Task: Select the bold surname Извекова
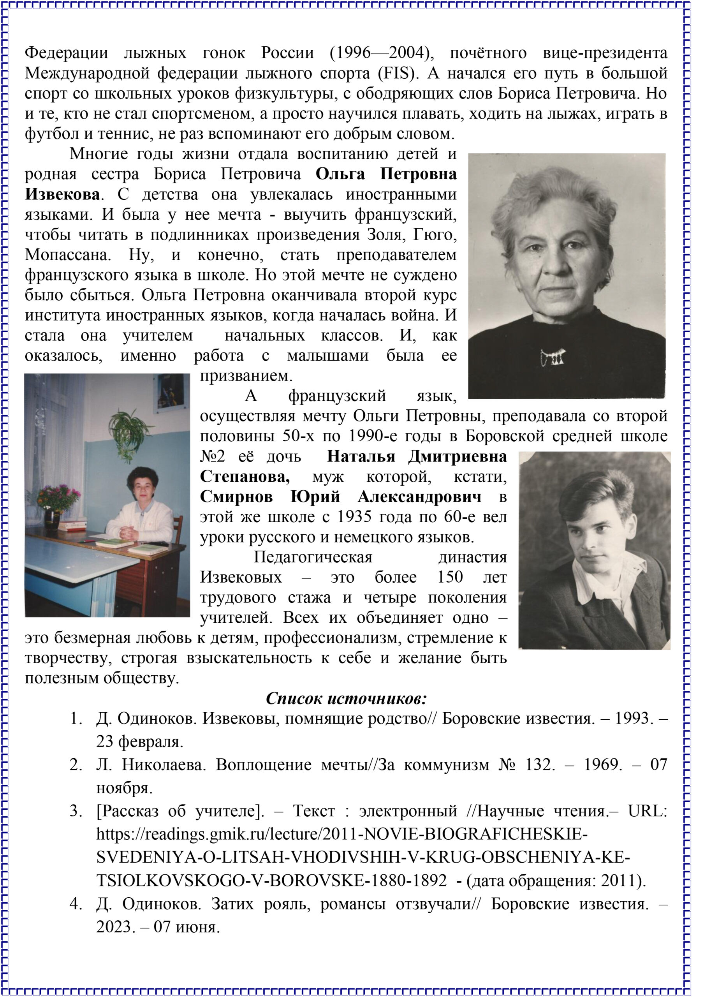click(x=62, y=194)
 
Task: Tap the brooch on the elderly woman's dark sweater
click(x=553, y=357)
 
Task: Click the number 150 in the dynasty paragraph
click(x=450, y=578)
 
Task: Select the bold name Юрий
click(x=315, y=497)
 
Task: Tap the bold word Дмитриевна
click(x=457, y=457)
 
